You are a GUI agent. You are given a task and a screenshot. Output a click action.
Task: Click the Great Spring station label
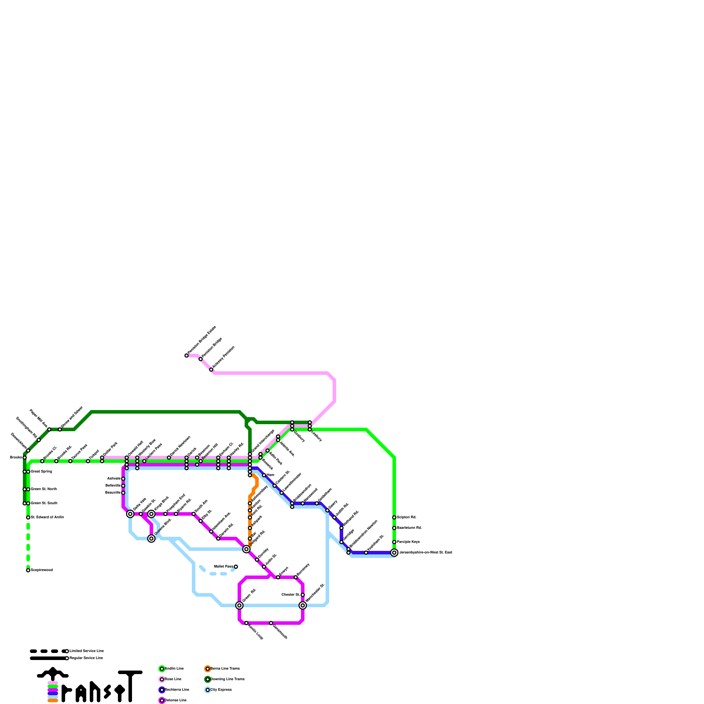[x=41, y=471]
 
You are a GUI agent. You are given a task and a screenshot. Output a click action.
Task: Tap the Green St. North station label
[x=44, y=489]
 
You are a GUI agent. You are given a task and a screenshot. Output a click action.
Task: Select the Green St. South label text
[x=44, y=503]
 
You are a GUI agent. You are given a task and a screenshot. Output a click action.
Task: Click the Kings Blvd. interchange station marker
[x=151, y=514]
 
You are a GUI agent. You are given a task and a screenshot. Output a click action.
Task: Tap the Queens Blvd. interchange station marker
[x=151, y=539]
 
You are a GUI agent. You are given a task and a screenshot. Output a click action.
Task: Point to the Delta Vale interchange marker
[x=130, y=514]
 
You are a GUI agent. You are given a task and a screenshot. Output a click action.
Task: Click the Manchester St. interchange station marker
[x=303, y=605]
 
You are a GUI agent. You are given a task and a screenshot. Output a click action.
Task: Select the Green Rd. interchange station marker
[x=239, y=605]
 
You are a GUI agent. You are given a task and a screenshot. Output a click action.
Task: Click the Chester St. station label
[x=290, y=594]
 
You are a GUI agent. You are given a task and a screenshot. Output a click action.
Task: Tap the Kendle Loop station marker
[x=246, y=623]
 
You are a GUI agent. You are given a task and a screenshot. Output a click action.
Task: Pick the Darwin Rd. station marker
[x=218, y=539]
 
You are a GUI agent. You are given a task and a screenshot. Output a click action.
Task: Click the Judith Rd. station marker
[x=334, y=517]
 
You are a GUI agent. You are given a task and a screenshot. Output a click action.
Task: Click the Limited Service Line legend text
[x=86, y=651]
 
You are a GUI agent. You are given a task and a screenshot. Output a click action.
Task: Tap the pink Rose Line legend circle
[x=162, y=679]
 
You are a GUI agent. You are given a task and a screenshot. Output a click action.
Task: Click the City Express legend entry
[x=220, y=689]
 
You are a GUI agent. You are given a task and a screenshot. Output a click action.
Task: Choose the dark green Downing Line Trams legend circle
[x=208, y=679]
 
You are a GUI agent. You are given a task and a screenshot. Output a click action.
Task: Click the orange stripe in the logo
[x=53, y=700]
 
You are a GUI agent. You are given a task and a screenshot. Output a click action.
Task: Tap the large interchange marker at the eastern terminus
[x=394, y=553]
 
